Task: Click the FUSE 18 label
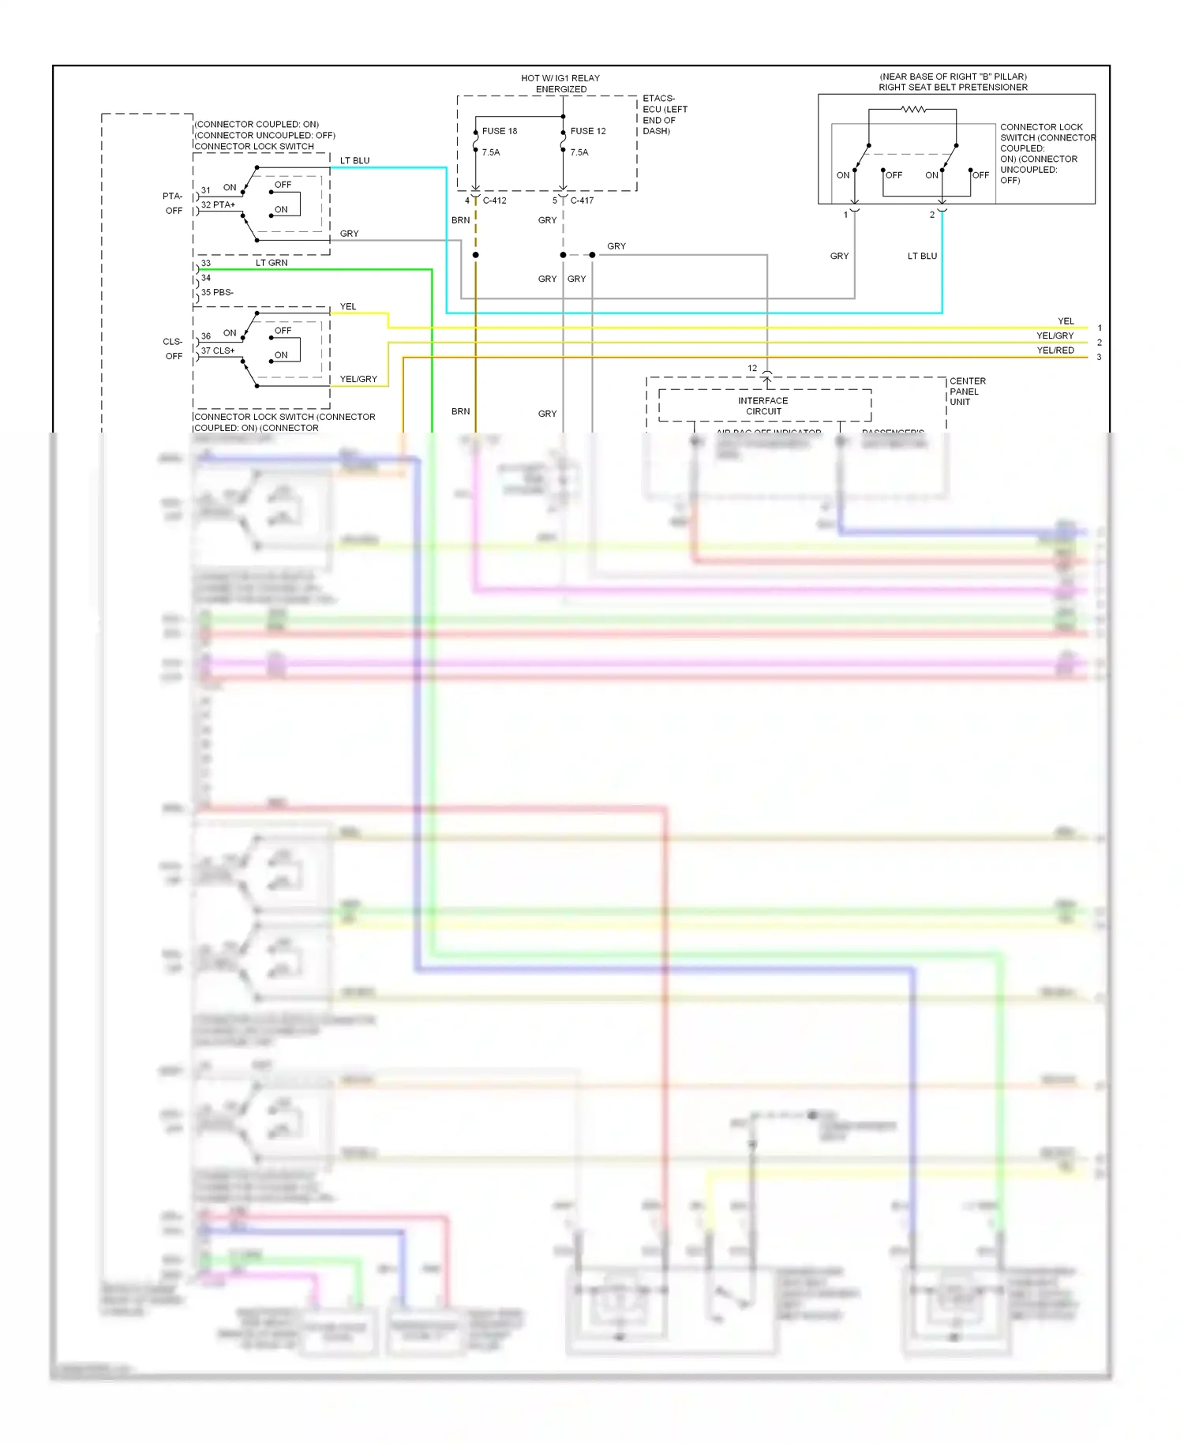500,131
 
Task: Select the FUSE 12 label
588,131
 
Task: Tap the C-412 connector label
495,201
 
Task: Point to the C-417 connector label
582,201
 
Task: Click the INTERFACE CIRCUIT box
764,406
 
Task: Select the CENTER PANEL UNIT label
967,392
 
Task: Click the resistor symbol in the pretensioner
913,110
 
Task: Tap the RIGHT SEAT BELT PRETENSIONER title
953,88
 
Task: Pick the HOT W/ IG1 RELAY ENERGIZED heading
560,84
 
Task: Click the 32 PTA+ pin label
218,204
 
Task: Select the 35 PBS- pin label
217,292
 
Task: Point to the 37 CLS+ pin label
218,350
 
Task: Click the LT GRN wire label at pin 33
272,263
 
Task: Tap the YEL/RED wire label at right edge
1055,350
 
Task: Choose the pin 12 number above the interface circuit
752,369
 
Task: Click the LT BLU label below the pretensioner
922,256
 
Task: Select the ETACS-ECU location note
665,115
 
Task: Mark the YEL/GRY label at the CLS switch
358,379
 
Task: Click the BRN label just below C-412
461,220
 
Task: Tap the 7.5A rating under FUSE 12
579,152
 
